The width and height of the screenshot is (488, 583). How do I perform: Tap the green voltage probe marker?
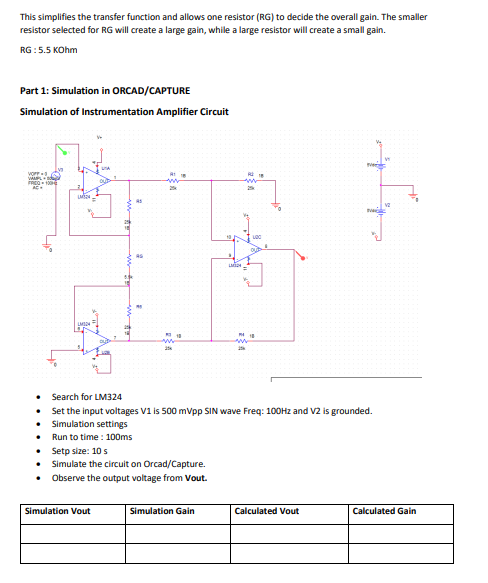(x=65, y=151)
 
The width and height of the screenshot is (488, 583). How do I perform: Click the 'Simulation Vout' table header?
(x=57, y=511)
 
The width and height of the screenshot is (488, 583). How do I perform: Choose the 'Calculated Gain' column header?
(x=385, y=511)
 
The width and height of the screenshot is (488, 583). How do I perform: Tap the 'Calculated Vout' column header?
(x=266, y=511)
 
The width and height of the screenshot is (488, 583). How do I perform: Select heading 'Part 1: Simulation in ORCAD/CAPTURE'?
(x=91, y=91)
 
